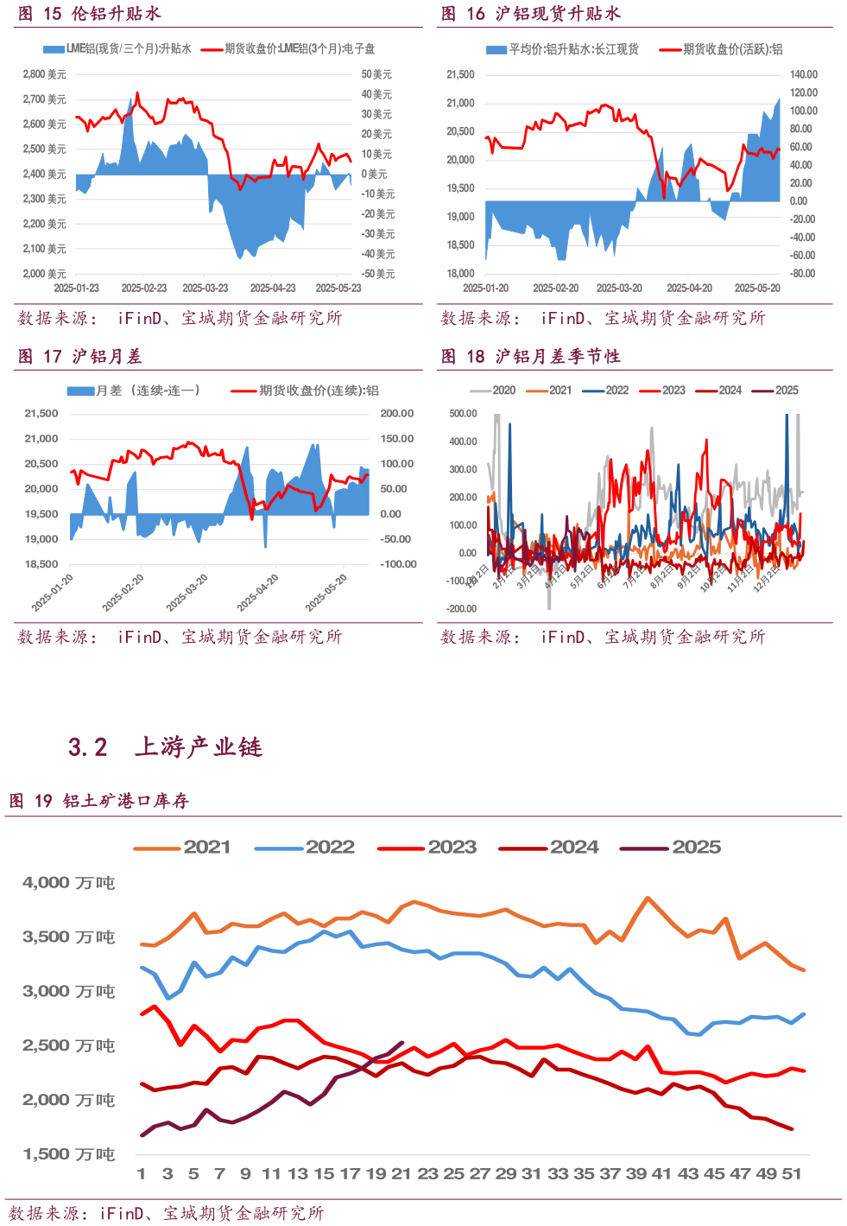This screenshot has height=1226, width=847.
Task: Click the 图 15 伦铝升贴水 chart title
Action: click(90, 14)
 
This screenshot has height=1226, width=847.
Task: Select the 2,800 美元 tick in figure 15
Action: click(45, 74)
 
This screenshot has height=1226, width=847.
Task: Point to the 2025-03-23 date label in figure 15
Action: click(205, 289)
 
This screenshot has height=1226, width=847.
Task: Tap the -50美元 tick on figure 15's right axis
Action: click(378, 274)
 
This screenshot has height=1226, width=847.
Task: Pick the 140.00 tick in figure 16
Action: click(803, 75)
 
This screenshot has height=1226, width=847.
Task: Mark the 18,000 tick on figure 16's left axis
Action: click(460, 274)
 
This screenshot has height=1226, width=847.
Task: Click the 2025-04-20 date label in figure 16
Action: click(689, 289)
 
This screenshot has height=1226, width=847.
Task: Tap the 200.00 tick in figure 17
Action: click(397, 414)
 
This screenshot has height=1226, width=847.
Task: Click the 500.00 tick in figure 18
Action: click(463, 414)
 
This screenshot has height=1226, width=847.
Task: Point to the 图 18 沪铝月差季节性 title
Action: click(530, 356)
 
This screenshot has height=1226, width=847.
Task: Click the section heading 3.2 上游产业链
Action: click(165, 746)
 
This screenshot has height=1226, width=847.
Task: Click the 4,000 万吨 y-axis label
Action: click(68, 883)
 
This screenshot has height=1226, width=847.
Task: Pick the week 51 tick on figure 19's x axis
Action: click(792, 1174)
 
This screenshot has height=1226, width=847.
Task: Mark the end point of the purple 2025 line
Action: click(402, 1043)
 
